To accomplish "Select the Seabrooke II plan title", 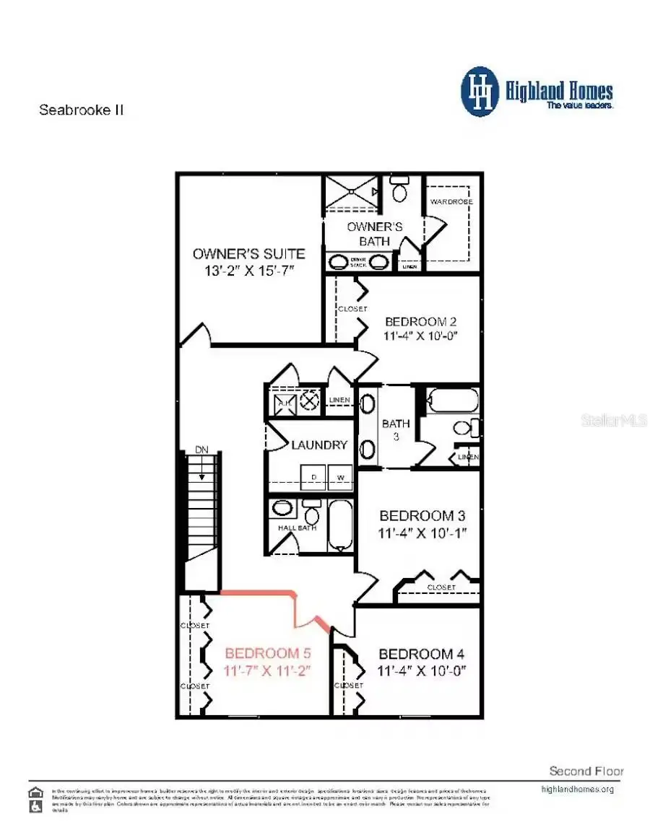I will (x=81, y=110).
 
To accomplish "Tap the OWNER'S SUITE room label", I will (x=248, y=253).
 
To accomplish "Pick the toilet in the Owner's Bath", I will (x=399, y=191).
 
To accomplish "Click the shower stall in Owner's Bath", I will (x=350, y=192).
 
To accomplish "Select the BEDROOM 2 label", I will (x=420, y=322).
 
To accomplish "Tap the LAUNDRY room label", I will (x=319, y=445).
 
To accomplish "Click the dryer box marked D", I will (x=314, y=478).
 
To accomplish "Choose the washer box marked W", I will (x=340, y=478).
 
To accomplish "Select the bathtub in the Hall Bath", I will (x=338, y=525).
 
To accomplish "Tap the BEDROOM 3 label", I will (x=422, y=516).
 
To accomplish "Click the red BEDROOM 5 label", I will (x=268, y=654).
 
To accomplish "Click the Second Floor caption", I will (x=586, y=771).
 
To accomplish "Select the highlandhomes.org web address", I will (x=577, y=789).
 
